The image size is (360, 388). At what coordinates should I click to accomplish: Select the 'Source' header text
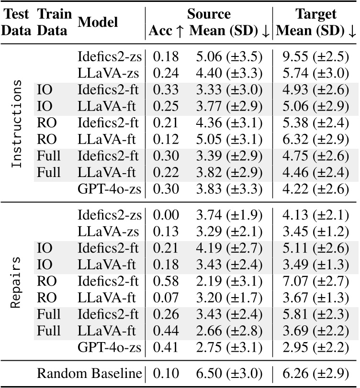click(x=208, y=13)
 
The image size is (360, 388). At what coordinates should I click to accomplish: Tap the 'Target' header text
click(x=316, y=13)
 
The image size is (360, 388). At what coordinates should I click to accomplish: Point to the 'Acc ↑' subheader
click(x=166, y=31)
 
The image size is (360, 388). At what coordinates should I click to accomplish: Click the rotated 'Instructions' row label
click(x=17, y=123)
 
